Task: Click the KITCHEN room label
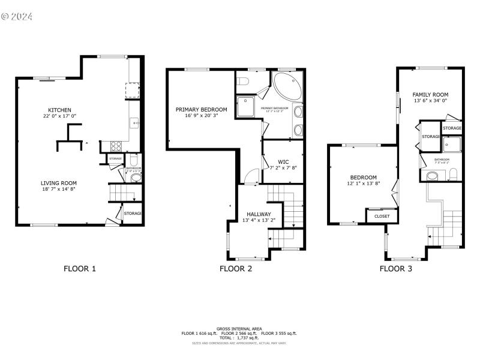pos(60,110)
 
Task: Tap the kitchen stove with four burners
pos(116,145)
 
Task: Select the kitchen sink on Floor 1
pos(136,123)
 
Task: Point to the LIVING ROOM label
pos(59,183)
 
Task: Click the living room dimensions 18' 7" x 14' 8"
pos(59,190)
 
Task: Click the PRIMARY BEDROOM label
pos(201,109)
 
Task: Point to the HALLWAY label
pos(259,214)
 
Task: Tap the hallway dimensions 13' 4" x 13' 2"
pos(259,221)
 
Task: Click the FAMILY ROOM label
pos(430,94)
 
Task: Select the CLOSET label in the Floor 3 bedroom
pos(382,216)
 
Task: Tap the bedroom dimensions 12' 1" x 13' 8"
pos(364,184)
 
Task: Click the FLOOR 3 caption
pos(395,269)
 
